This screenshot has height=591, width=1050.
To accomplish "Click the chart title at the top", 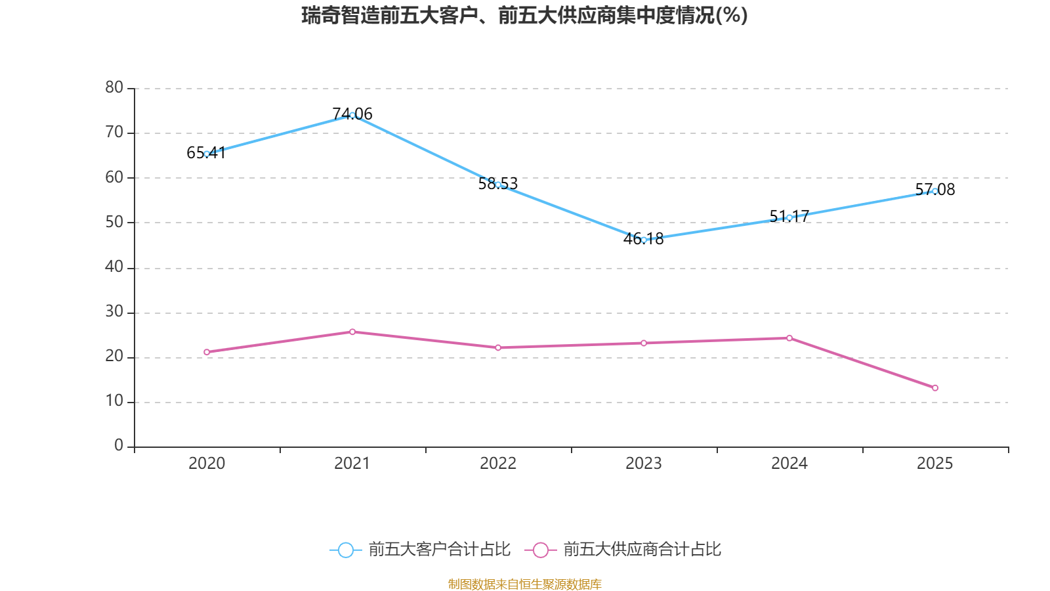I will coord(524,15).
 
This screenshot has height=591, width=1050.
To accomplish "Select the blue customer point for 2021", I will coord(352,115).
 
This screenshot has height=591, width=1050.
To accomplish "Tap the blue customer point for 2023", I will coord(644,240).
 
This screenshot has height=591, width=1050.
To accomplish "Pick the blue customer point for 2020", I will coord(207,154).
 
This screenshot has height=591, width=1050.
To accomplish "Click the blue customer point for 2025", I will coord(934,191).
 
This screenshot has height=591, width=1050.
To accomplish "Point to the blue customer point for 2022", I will coord(498,185).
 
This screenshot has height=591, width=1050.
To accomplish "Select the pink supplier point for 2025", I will coord(934,387).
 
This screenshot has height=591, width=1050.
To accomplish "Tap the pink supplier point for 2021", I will coord(352,332).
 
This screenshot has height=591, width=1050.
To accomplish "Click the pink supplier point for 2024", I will coord(789,338).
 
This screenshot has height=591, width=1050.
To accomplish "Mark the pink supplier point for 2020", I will coord(207,352).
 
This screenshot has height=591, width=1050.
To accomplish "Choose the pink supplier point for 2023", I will coord(644,343).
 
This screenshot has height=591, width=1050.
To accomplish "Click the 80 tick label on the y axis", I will coord(114,87).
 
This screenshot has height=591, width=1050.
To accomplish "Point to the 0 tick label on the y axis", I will coord(119,446).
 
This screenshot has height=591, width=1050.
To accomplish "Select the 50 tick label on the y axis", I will coord(114,222).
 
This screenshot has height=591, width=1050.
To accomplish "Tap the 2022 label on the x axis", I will coord(498,464).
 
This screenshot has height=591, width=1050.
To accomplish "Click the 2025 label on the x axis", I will coord(934,464).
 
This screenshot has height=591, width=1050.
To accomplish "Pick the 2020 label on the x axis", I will coord(207,464).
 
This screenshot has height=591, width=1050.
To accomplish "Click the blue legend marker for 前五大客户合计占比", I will coord(346,550).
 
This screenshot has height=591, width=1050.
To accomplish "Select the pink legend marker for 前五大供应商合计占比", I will coord(541,550).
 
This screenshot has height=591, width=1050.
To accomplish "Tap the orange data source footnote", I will coord(524,584).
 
